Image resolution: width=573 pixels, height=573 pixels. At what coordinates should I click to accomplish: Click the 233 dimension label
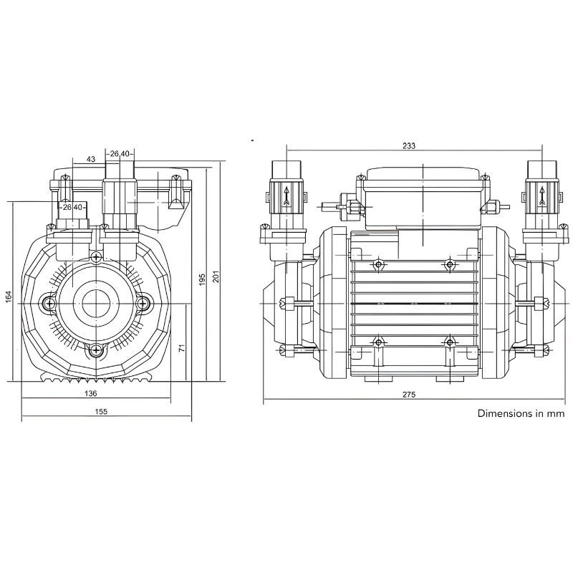(x=409, y=145)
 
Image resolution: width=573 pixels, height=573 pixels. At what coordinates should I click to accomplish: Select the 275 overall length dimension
(x=409, y=395)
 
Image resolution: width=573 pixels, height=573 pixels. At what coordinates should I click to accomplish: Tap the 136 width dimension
(x=91, y=393)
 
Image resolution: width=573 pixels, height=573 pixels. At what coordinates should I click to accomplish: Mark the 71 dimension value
(x=182, y=347)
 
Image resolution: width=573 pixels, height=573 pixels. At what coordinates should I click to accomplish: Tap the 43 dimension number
(x=91, y=158)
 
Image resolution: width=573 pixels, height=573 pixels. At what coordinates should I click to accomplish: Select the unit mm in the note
(x=556, y=413)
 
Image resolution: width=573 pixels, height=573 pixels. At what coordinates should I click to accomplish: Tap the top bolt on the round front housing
(x=95, y=257)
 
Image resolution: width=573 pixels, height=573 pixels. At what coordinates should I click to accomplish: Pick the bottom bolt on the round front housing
(x=95, y=350)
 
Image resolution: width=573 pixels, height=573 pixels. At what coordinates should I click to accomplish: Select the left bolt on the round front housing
(x=49, y=304)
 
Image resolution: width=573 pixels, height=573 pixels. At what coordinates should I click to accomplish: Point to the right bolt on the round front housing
(x=143, y=304)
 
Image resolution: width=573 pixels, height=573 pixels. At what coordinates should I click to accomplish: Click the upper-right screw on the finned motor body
(x=450, y=265)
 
